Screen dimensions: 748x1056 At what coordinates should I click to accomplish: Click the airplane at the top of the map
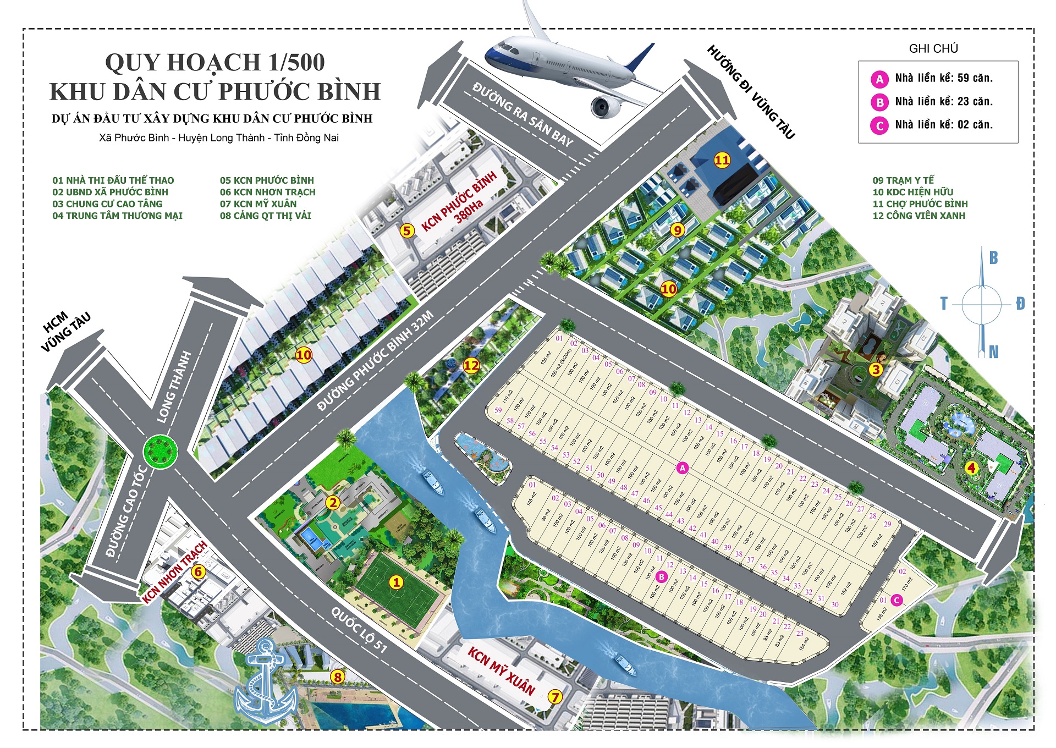pos(572,66)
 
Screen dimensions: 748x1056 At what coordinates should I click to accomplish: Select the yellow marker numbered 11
pos(722,160)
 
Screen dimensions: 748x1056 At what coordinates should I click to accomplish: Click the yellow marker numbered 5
pos(406,230)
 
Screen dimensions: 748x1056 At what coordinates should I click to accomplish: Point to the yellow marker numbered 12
pos(471,365)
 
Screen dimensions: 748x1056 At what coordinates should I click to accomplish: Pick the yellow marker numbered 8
pos(338,677)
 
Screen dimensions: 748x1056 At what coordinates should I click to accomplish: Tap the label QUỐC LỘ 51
pos(359,630)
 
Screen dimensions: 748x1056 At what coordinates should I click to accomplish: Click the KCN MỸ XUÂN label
pos(501,671)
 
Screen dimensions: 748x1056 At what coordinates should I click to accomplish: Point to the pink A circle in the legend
pos(879,79)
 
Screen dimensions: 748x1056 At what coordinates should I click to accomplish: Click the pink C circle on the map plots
pos(897,600)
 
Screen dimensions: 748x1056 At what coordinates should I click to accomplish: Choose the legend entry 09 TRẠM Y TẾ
pos(903,180)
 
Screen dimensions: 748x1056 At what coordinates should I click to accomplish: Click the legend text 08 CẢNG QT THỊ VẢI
pos(266,216)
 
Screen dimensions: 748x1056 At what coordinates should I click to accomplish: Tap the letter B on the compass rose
pos(993,258)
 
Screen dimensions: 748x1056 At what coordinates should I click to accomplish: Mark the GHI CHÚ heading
pos(933,48)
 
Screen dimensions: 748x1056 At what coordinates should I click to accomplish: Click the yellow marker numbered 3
pos(876,370)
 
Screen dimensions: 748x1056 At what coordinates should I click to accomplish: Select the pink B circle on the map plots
pos(662,577)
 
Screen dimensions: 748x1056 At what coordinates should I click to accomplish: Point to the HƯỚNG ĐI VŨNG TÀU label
pos(751,92)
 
